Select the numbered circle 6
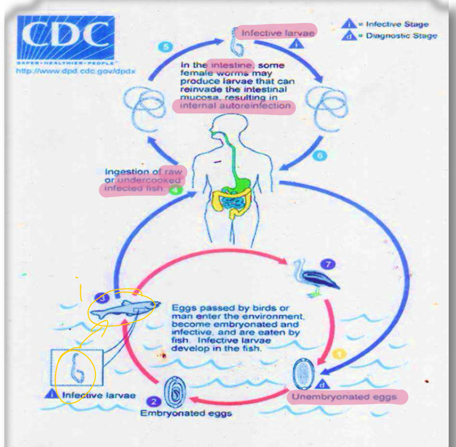318,156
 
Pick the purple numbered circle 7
330,265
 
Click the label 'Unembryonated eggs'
347,396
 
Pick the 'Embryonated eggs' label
186,413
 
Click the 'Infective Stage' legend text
397,24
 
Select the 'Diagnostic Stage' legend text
400,36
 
